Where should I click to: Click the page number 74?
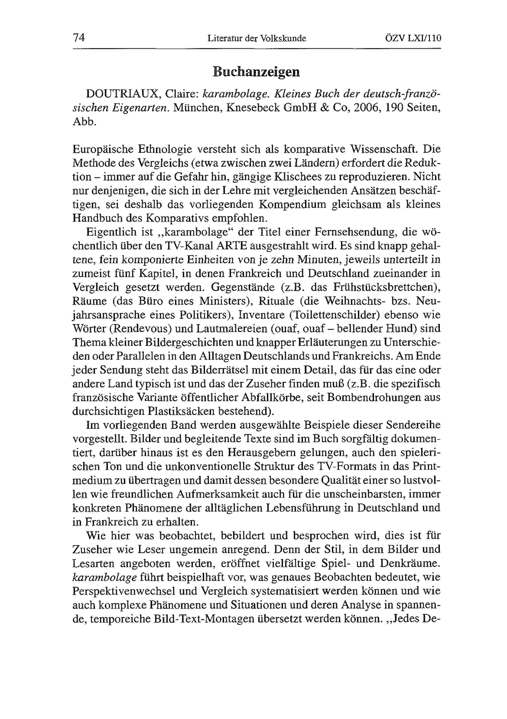79,38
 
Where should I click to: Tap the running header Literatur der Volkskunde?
257,39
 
